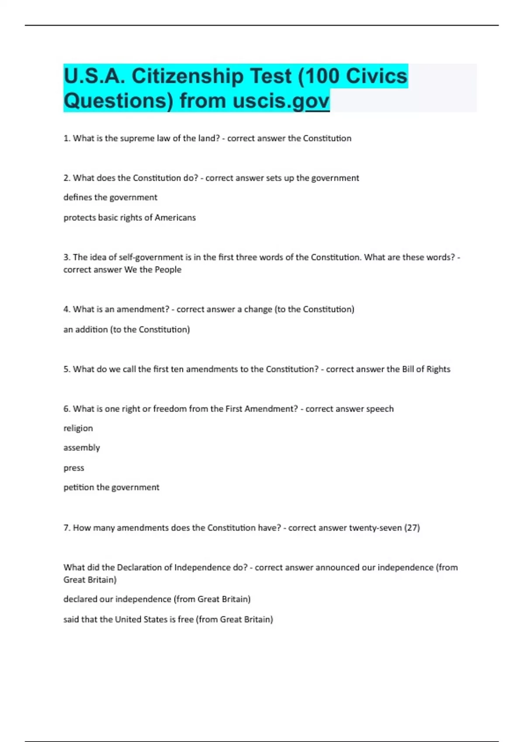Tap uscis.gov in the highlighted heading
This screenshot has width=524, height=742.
(x=281, y=101)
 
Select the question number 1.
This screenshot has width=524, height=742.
(x=66, y=138)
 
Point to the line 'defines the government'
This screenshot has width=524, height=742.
(x=110, y=197)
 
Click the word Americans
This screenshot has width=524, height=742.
(x=175, y=217)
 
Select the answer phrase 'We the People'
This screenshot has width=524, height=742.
(x=153, y=270)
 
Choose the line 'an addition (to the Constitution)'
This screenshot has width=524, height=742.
(x=127, y=330)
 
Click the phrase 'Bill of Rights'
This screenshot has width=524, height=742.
(x=426, y=369)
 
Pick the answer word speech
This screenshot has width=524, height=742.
(x=380, y=409)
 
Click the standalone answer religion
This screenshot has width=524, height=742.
(x=78, y=428)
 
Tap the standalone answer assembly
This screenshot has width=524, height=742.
(x=82, y=448)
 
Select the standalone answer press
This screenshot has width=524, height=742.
(x=74, y=468)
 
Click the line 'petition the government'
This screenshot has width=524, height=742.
(x=111, y=487)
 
